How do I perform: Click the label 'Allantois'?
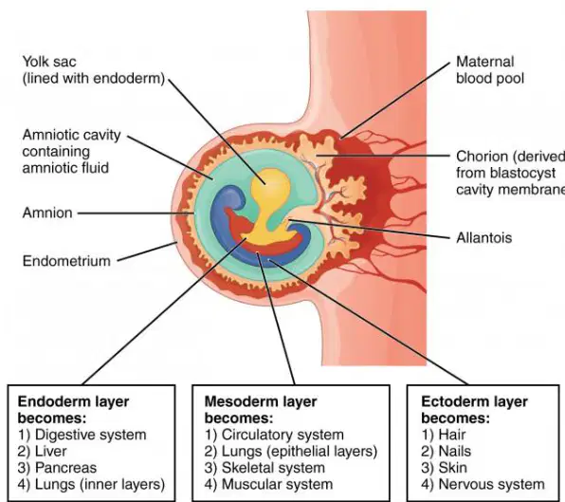coord(483,238)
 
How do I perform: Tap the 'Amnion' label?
coord(47,213)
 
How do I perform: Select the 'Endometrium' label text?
coord(66,261)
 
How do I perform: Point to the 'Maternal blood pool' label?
coord(490,70)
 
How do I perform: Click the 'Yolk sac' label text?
coord(49,62)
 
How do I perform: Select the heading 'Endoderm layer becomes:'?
coord(73,410)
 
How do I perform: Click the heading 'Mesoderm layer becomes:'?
coord(261,410)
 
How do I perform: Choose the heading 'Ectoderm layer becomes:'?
coord(474,410)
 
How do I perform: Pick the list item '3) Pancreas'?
coord(57,468)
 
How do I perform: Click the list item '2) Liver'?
coord(42,451)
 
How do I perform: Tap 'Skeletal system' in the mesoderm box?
coord(273,468)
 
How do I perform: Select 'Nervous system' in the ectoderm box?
coord(491,484)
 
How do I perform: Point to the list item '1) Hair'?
coord(444,435)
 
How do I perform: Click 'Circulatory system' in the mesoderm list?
coord(282,435)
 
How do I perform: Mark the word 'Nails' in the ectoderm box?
coord(455,451)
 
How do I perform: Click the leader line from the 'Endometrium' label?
coord(147,251)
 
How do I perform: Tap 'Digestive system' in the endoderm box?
coord(91,435)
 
